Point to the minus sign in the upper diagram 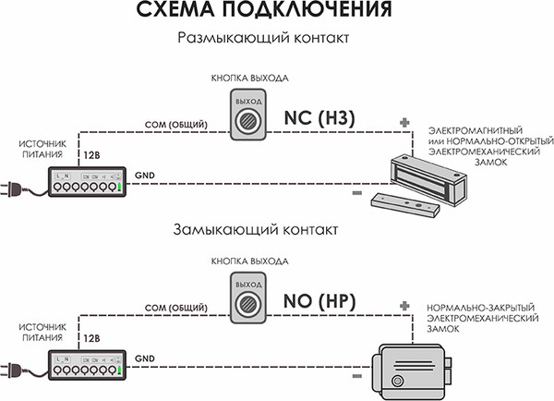356,193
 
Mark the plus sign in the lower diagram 403,305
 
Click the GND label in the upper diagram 145,174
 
